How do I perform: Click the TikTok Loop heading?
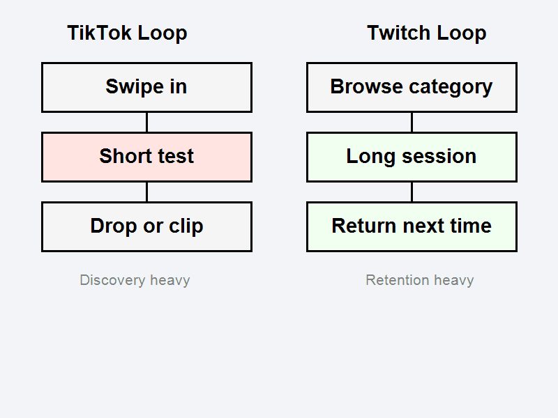(x=127, y=33)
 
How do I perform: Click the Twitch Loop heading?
(x=426, y=33)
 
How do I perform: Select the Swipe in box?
(x=146, y=87)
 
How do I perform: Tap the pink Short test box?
(x=146, y=157)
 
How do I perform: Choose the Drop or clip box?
(x=146, y=226)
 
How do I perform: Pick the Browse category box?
(x=412, y=87)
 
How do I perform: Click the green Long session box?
(x=412, y=157)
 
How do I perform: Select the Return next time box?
(x=412, y=226)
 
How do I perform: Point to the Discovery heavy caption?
(x=135, y=280)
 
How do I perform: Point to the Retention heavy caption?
(x=419, y=280)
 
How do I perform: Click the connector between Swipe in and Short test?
(x=146, y=122)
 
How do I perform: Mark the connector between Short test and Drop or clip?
(x=146, y=192)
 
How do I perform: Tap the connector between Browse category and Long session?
(x=412, y=122)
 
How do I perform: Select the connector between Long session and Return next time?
(x=412, y=192)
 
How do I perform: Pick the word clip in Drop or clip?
(x=186, y=226)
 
